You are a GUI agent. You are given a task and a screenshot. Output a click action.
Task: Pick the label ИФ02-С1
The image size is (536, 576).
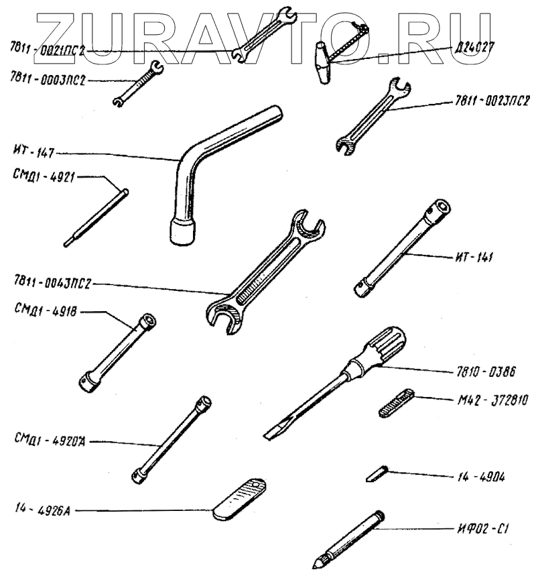pyautogui.click(x=481, y=529)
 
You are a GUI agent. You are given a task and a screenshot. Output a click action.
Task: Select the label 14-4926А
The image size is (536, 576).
pyautogui.click(x=40, y=510)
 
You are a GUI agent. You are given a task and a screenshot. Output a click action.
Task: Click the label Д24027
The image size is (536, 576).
pyautogui.click(x=474, y=48)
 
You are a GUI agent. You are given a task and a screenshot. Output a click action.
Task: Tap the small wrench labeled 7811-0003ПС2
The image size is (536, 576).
pyautogui.click(x=138, y=83)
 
